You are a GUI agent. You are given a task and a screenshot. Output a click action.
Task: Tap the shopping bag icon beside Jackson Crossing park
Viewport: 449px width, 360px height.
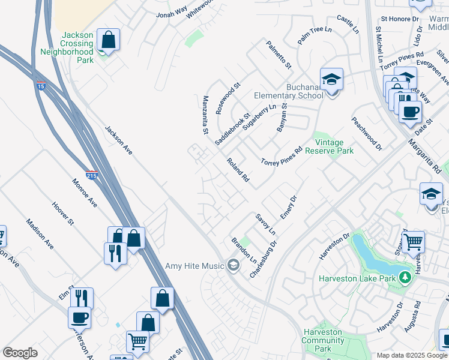click(x=108, y=40)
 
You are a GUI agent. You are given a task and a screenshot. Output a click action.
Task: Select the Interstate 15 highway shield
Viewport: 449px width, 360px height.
click(x=41, y=86)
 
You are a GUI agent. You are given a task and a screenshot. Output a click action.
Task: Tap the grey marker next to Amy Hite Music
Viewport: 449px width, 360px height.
click(x=233, y=265)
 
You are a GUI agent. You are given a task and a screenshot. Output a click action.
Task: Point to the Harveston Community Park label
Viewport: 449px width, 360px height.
click(x=323, y=340)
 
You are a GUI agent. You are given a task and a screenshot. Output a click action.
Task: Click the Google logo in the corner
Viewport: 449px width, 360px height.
click(x=20, y=353)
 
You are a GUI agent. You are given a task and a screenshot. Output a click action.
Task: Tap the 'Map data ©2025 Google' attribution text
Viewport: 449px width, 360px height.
click(x=412, y=355)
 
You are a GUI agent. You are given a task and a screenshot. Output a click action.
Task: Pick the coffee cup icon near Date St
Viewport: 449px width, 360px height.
click(x=411, y=111)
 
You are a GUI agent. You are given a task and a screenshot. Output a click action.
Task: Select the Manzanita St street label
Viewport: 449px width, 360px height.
click(x=205, y=114)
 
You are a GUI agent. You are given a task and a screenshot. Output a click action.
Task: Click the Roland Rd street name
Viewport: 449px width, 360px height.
click(x=238, y=170)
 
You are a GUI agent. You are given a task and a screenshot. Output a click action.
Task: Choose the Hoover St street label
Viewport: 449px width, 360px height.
click(x=62, y=213)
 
